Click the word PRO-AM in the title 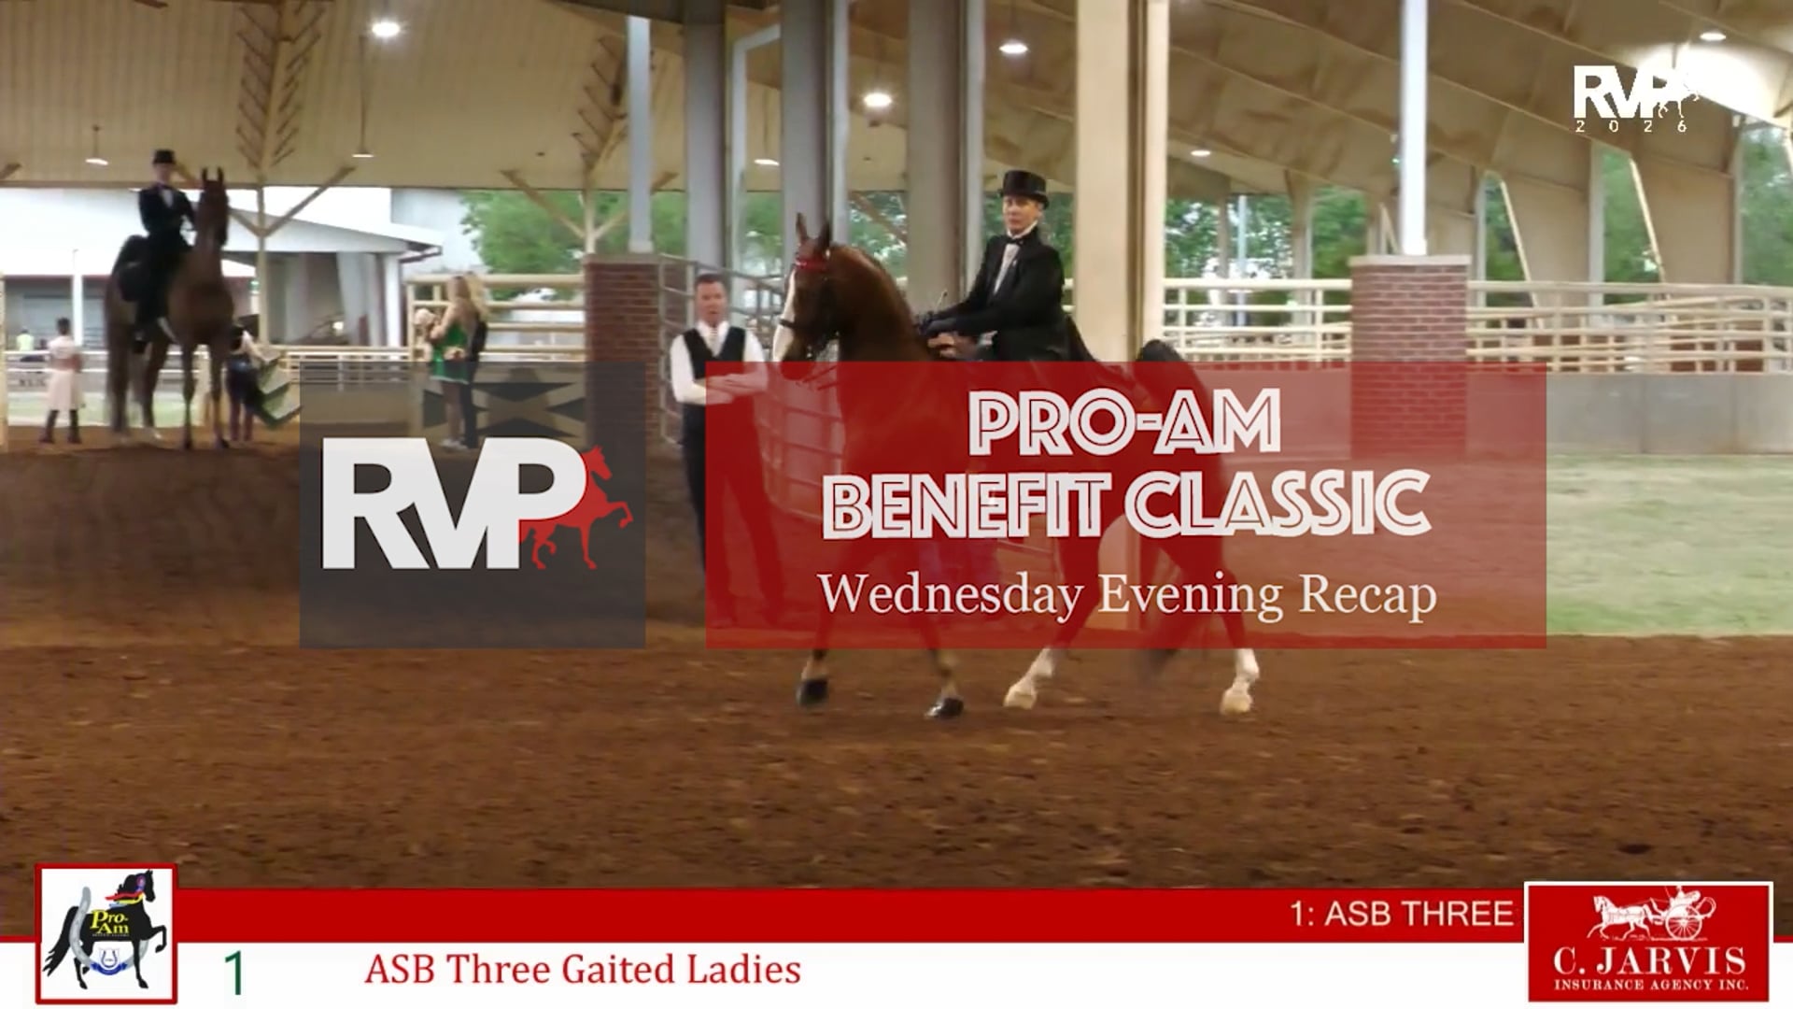tap(1124, 422)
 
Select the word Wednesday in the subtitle tap(951, 594)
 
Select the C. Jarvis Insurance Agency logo tap(1648, 941)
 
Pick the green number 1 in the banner tap(234, 973)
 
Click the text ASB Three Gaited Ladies tap(583, 970)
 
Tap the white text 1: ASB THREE tap(1401, 913)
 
